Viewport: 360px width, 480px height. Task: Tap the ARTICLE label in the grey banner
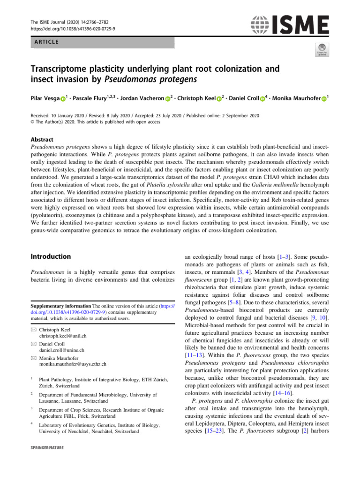tap(45, 42)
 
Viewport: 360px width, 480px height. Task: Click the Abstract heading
tap(42, 139)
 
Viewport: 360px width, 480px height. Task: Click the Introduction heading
tap(51, 256)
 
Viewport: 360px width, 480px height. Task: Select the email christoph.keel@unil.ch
tap(63, 337)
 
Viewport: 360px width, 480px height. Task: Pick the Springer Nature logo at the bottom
tap(47, 448)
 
